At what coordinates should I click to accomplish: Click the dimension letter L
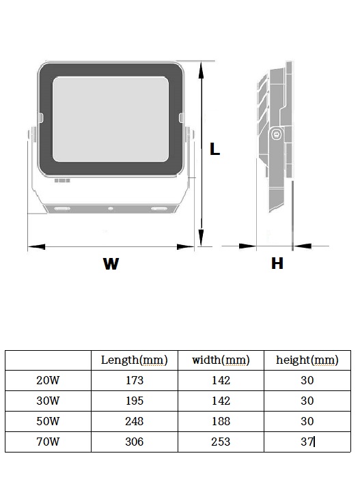pos(214,149)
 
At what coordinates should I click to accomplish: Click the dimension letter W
pos(111,263)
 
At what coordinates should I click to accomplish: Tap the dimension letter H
pos(277,263)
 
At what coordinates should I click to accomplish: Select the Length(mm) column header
pos(135,360)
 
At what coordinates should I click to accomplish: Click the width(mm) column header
pos(221,360)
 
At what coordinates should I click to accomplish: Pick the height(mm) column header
pos(307,360)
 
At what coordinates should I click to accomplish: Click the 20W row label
pos(48,380)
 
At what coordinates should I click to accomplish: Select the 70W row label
pos(48,442)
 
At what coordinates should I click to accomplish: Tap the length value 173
pos(135,380)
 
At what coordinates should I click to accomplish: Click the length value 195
pos(135,401)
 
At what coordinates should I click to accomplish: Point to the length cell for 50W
pos(135,421)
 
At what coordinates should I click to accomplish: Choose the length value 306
pos(135,442)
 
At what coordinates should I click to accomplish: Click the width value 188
pos(221,421)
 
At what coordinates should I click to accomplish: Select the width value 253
pos(221,442)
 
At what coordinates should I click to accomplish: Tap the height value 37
pos(307,442)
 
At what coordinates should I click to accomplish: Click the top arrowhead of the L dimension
pos(201,70)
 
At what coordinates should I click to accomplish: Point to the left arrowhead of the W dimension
pos(36,247)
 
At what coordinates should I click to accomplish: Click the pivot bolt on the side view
pos(276,134)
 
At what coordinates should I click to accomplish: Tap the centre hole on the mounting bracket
pos(111,209)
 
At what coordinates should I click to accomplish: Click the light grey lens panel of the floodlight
pos(111,119)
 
